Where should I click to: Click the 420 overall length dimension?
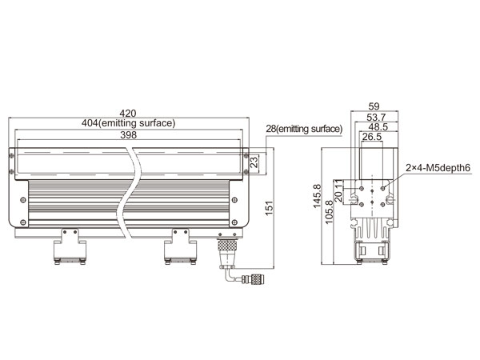click(128, 114)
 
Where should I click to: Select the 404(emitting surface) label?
click(128, 123)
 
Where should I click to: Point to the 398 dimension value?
click(128, 135)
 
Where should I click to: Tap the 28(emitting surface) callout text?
click(304, 129)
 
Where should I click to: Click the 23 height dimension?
click(254, 162)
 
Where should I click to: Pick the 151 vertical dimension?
click(269, 208)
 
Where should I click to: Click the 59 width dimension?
click(374, 106)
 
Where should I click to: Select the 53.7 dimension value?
click(376, 117)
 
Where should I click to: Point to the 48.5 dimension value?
click(378, 126)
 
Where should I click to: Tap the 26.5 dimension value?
click(372, 137)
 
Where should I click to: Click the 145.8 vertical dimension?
click(317, 196)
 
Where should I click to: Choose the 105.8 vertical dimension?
click(329, 212)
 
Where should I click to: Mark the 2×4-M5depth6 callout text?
click(438, 168)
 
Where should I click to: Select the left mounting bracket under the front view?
click(70, 246)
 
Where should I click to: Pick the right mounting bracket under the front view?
click(180, 246)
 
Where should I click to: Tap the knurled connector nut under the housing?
click(227, 246)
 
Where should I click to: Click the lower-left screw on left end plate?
click(23, 222)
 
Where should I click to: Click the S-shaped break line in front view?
click(129, 193)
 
